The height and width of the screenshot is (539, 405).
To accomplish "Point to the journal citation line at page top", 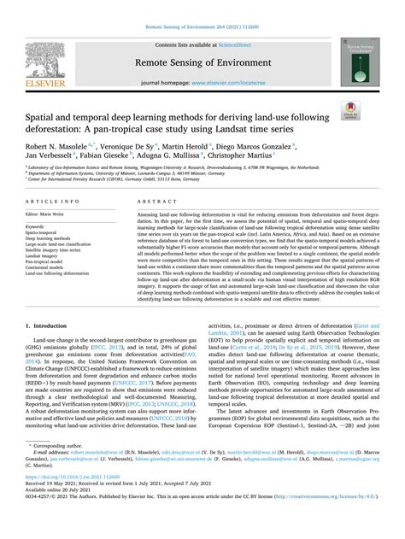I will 202,7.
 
